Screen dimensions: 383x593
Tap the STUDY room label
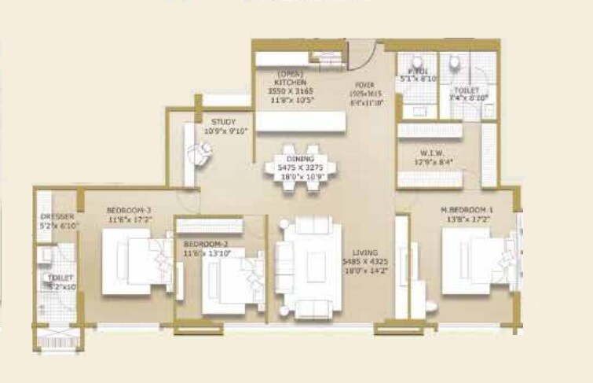click(x=225, y=122)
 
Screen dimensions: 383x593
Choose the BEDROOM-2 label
click(x=205, y=245)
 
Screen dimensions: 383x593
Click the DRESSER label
click(x=57, y=217)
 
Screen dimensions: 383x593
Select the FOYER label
click(x=364, y=85)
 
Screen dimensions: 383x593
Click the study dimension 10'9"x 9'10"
click(x=225, y=131)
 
